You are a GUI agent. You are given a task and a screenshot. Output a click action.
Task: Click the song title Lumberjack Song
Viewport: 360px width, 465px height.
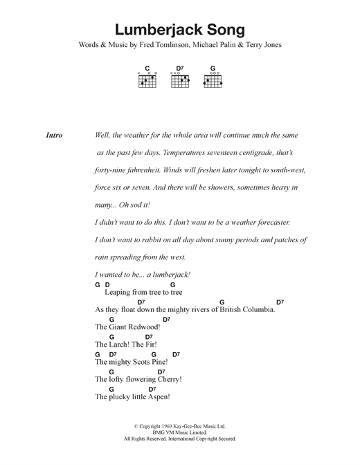(180, 30)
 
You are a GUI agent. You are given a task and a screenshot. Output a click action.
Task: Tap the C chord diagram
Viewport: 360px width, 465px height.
(147, 80)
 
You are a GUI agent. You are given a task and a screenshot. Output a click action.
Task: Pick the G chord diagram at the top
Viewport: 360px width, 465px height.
(213, 80)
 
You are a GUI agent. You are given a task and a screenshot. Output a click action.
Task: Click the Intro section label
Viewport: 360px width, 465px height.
(53, 136)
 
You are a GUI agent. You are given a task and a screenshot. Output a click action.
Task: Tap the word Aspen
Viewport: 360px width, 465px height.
(156, 398)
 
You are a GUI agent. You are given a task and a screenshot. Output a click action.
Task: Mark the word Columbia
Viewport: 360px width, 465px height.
(253, 309)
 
